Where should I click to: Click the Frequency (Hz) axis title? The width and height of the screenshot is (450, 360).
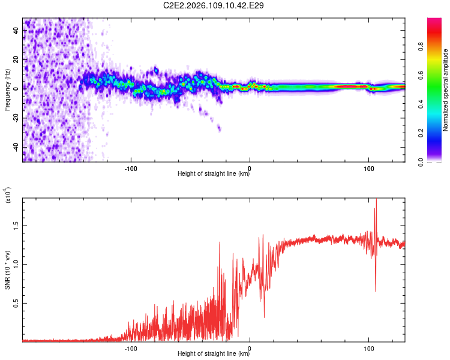[7, 90]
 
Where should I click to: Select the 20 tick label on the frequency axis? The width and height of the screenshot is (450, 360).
[16, 59]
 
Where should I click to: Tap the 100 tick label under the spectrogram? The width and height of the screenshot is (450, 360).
[368, 167]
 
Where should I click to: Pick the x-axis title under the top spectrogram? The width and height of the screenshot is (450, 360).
[214, 174]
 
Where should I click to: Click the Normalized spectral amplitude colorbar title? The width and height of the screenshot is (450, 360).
[446, 90]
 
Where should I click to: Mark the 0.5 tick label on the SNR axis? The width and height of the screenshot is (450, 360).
[16, 304]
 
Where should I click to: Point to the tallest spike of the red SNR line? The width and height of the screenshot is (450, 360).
[376, 200]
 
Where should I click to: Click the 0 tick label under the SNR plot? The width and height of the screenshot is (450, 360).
[250, 347]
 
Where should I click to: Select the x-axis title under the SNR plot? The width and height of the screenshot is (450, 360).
[214, 354]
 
